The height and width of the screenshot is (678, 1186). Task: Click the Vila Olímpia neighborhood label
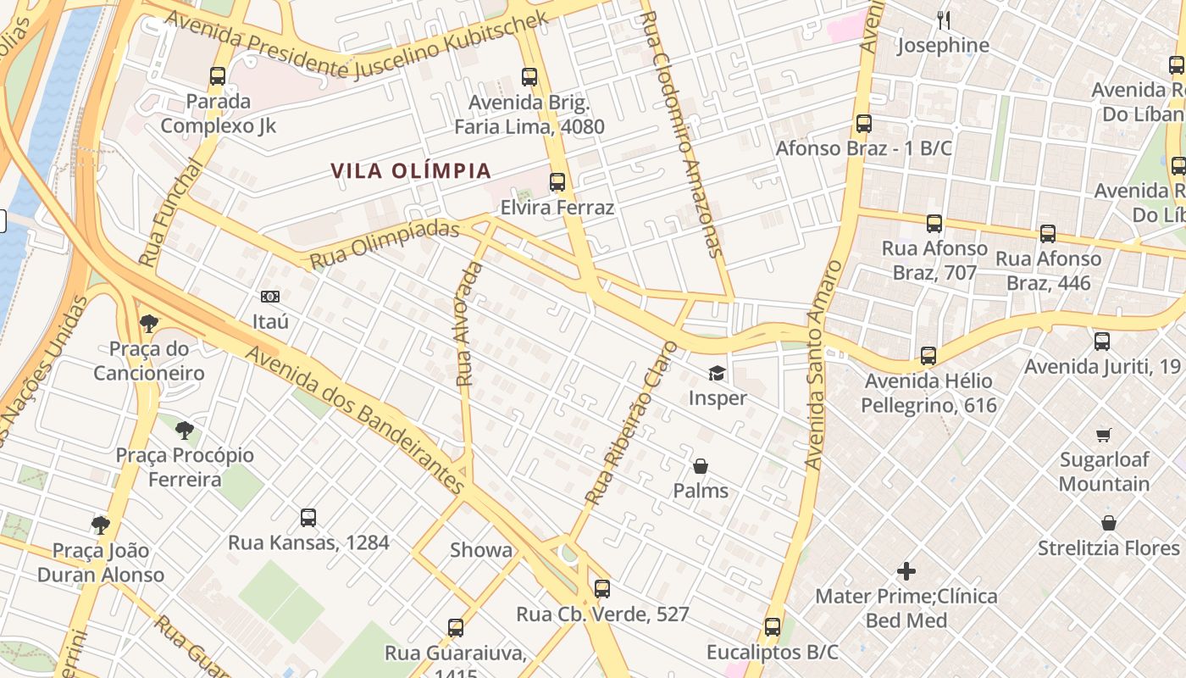tap(411, 170)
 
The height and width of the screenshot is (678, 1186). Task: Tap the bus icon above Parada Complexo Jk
tap(218, 76)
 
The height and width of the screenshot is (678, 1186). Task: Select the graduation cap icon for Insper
tap(718, 373)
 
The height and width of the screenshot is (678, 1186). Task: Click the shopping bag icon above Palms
tap(701, 466)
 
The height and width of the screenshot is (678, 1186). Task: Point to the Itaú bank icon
tap(270, 297)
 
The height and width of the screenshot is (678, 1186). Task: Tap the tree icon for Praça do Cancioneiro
tap(149, 323)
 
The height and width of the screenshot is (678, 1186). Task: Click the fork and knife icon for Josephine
tap(943, 19)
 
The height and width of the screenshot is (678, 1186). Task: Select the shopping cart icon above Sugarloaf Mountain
tap(1103, 435)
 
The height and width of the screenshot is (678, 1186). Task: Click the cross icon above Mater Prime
tap(906, 570)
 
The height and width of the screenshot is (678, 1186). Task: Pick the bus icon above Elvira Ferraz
tap(557, 182)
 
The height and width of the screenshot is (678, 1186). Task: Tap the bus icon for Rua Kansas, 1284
tap(308, 517)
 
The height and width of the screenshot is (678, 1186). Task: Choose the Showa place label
tap(481, 550)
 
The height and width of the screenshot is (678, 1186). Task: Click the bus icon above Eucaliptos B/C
tap(772, 627)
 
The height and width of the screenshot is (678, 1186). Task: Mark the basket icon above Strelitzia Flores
tap(1108, 523)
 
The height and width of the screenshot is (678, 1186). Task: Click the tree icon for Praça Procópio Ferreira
tap(185, 431)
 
